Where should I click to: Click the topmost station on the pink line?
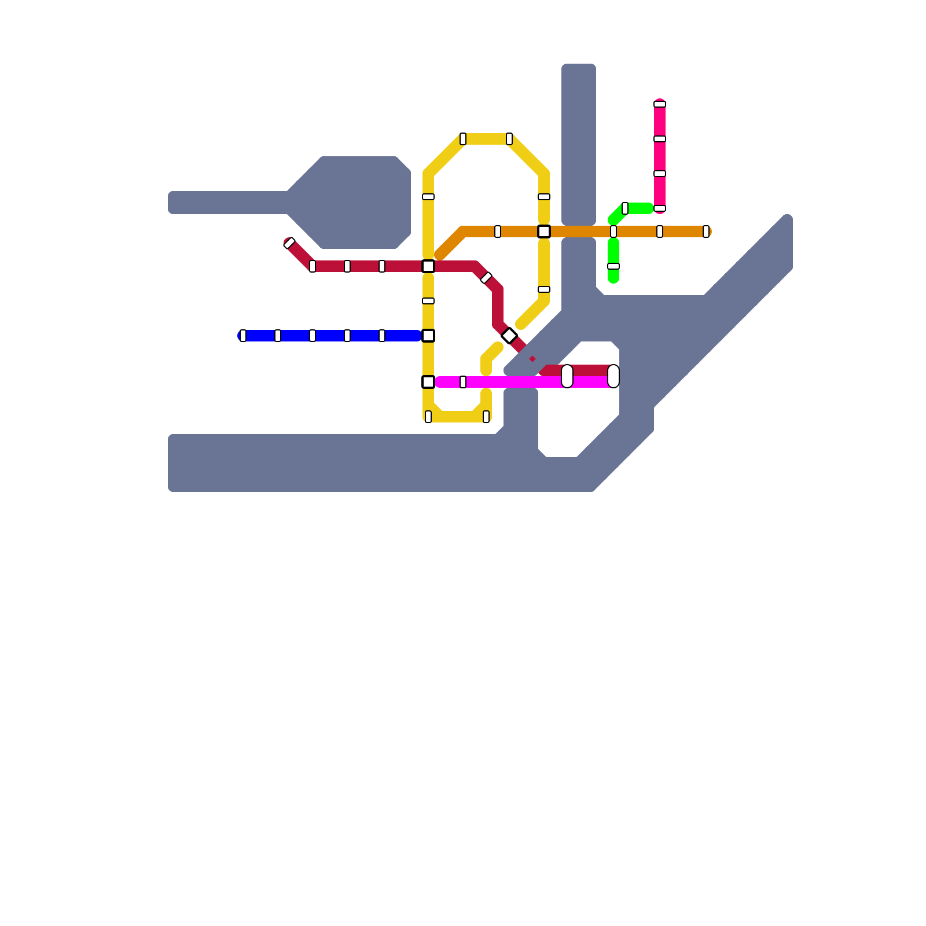coord(660,104)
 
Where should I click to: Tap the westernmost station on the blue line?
coord(243,336)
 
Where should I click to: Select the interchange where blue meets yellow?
coord(428,336)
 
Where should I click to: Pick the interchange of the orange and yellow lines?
coord(544,231)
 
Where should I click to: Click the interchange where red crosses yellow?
coord(428,266)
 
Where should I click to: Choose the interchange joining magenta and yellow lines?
coord(428,382)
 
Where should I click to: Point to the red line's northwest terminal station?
coord(289,243)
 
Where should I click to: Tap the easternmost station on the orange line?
coord(706,231)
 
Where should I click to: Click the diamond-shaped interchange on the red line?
coord(509,336)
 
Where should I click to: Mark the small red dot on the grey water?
coord(532,359)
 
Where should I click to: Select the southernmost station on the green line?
coord(613,266)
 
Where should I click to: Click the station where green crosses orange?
coord(613,231)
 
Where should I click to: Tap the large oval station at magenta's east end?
coord(613,376)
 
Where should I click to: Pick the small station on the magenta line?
coord(463,382)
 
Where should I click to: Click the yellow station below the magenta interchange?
coord(428,417)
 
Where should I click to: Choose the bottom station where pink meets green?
coord(660,208)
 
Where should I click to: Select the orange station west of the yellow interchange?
coord(498,231)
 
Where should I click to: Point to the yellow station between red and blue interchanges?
coord(428,301)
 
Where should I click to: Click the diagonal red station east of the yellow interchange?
coord(486,278)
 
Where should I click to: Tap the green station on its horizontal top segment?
coord(625,208)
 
